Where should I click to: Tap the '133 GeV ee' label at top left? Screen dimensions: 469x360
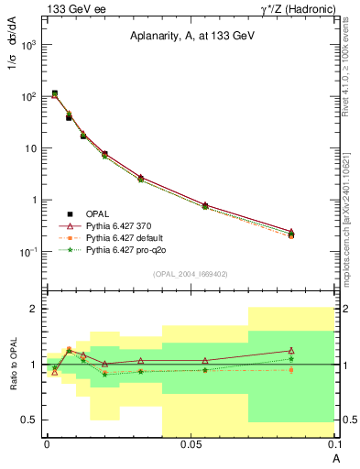[x=71, y=9]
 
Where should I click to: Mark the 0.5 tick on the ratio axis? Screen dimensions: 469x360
[x=33, y=420]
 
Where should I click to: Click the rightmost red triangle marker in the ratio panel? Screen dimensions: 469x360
[x=290, y=351]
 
